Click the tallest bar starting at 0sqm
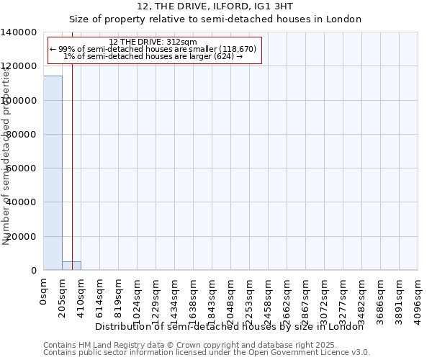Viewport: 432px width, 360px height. tap(53, 173)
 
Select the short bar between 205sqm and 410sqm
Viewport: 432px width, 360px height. tap(71, 266)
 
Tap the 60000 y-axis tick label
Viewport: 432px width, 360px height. tap(22, 168)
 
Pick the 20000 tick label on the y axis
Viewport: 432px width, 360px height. tap(22, 237)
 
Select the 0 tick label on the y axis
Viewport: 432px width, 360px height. tap(34, 271)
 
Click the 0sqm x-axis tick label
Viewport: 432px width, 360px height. tap(44, 292)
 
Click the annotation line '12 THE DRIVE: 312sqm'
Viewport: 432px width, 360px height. tap(153, 42)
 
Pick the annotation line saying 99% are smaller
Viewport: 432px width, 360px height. tap(153, 49)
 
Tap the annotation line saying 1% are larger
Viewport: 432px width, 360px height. tap(153, 56)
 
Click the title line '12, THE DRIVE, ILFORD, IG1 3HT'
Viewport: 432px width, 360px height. tap(215, 6)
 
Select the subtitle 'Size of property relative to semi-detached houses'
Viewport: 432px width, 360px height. tap(215, 19)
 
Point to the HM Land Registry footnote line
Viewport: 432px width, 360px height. tap(207, 345)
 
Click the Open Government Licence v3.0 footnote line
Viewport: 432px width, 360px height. tap(207, 353)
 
